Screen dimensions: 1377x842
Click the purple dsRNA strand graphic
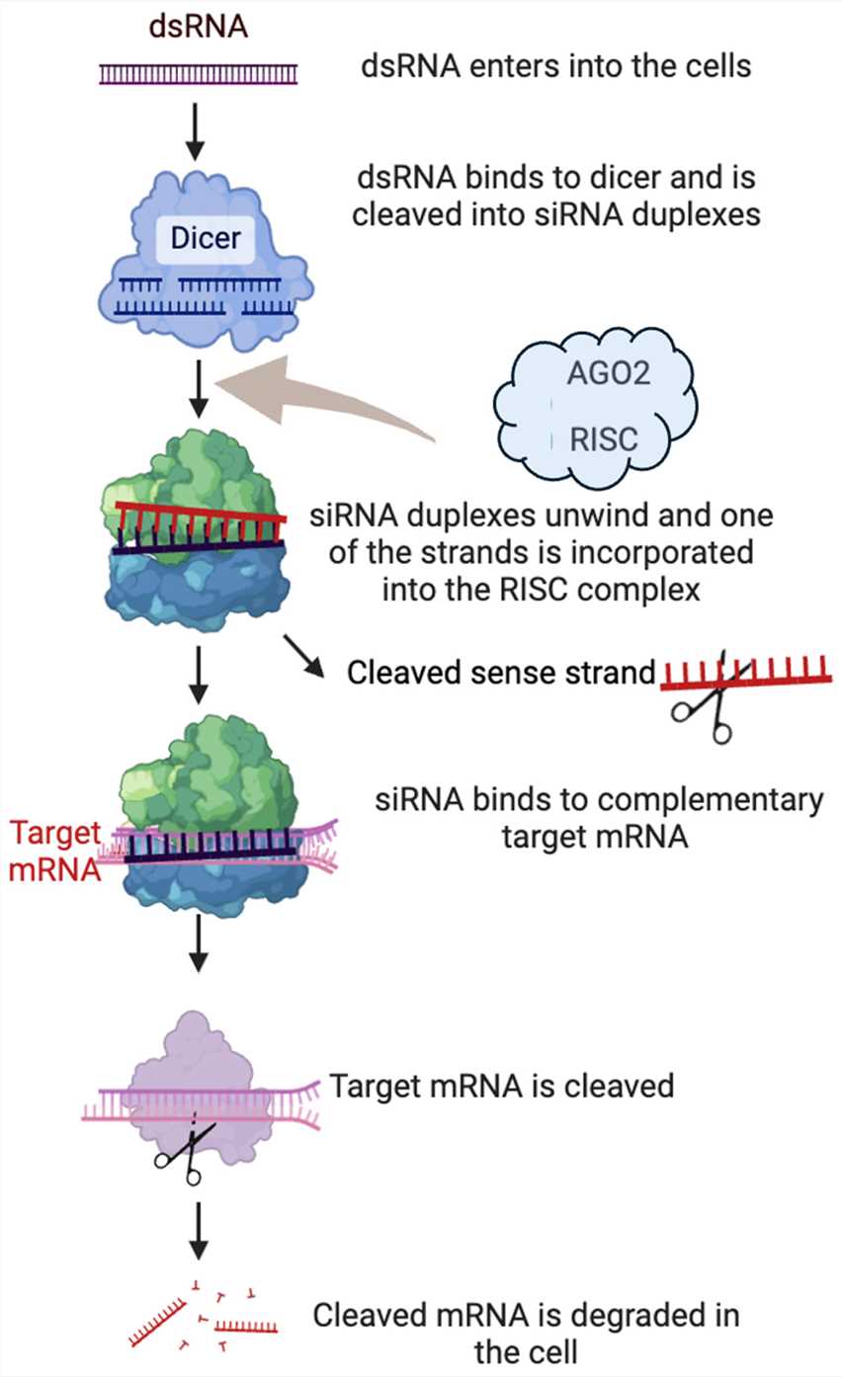point(197,73)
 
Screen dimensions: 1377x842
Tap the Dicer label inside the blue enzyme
point(206,238)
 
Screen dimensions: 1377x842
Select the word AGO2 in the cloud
point(596,375)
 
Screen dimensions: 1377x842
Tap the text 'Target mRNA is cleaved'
point(501,1087)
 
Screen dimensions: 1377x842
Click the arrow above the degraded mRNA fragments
point(199,1229)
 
